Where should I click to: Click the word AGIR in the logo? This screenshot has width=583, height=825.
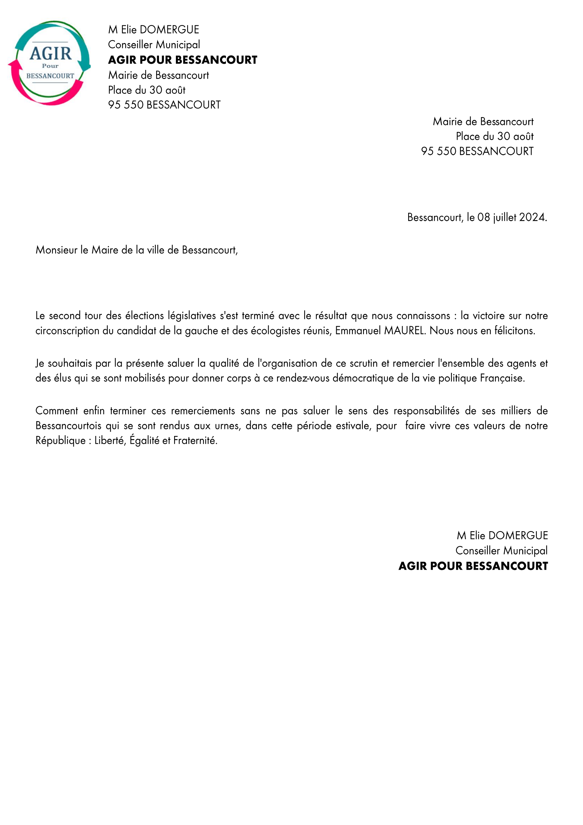click(x=51, y=54)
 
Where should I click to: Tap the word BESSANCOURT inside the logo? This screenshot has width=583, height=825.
click(x=50, y=76)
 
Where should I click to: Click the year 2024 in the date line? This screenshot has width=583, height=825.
click(x=532, y=217)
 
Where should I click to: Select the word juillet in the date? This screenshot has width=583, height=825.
click(x=505, y=217)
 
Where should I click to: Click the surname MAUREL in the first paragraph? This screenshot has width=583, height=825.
click(x=405, y=330)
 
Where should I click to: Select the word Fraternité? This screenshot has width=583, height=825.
click(x=195, y=441)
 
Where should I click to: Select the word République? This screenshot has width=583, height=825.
click(x=60, y=441)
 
